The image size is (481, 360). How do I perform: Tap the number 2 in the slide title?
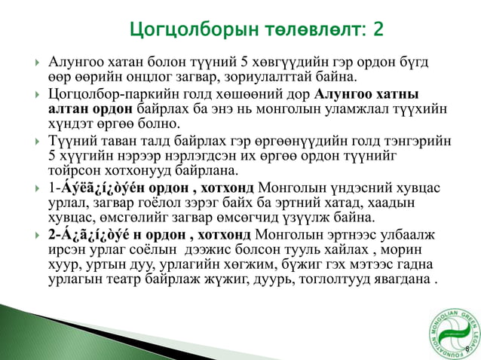pos(377,29)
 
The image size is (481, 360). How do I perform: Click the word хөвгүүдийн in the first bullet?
pos(265,62)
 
